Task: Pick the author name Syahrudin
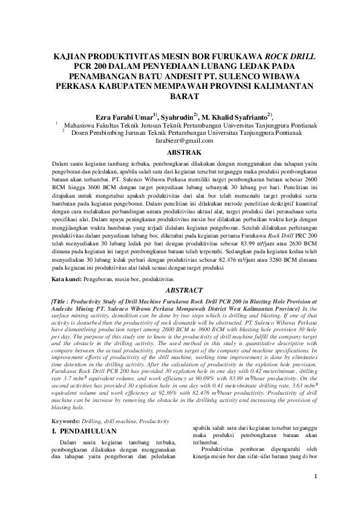[178, 115]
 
